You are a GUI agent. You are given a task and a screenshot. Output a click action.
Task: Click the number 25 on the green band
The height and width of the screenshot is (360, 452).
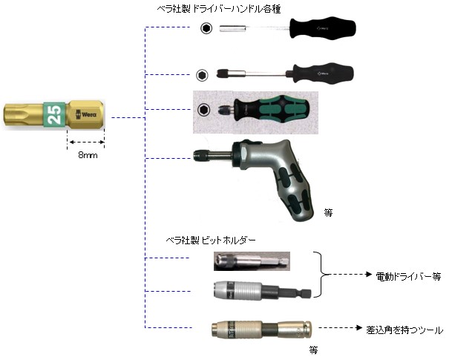[55, 114]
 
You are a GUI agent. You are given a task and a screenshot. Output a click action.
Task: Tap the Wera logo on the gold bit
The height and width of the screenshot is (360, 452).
[85, 114]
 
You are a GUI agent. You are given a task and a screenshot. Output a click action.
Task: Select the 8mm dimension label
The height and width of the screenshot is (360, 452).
[88, 155]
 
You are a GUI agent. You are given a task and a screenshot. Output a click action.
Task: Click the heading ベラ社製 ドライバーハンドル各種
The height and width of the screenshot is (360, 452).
[218, 9]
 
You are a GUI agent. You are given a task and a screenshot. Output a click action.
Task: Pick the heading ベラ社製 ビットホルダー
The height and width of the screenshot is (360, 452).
[211, 240]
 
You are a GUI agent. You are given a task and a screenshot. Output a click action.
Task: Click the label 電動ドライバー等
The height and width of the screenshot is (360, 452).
[408, 277]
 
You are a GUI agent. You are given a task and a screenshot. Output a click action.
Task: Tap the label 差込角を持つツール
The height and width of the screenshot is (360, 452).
[404, 330]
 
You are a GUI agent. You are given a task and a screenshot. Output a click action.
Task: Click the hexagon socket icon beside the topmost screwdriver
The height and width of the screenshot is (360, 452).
[206, 28]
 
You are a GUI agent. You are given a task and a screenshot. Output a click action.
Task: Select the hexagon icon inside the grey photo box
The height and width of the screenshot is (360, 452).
[204, 110]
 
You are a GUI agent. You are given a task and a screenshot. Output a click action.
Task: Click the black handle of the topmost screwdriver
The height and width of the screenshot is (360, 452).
[323, 28]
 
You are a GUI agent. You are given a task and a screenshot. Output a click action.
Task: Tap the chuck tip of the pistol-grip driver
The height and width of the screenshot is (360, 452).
[198, 155]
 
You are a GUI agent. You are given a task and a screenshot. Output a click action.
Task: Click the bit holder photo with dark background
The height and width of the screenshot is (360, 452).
[252, 261]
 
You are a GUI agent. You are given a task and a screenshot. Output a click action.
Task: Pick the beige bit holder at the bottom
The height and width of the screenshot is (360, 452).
[261, 329]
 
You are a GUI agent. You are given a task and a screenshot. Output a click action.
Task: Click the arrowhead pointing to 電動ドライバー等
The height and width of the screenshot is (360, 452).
[369, 275]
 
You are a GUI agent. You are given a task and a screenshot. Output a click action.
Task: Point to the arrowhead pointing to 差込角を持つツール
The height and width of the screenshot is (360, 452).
[359, 328]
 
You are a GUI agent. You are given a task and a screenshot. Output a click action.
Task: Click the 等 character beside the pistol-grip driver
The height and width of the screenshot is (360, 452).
[328, 213]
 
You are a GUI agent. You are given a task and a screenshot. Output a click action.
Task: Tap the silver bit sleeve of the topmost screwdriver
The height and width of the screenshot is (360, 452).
[232, 28]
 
